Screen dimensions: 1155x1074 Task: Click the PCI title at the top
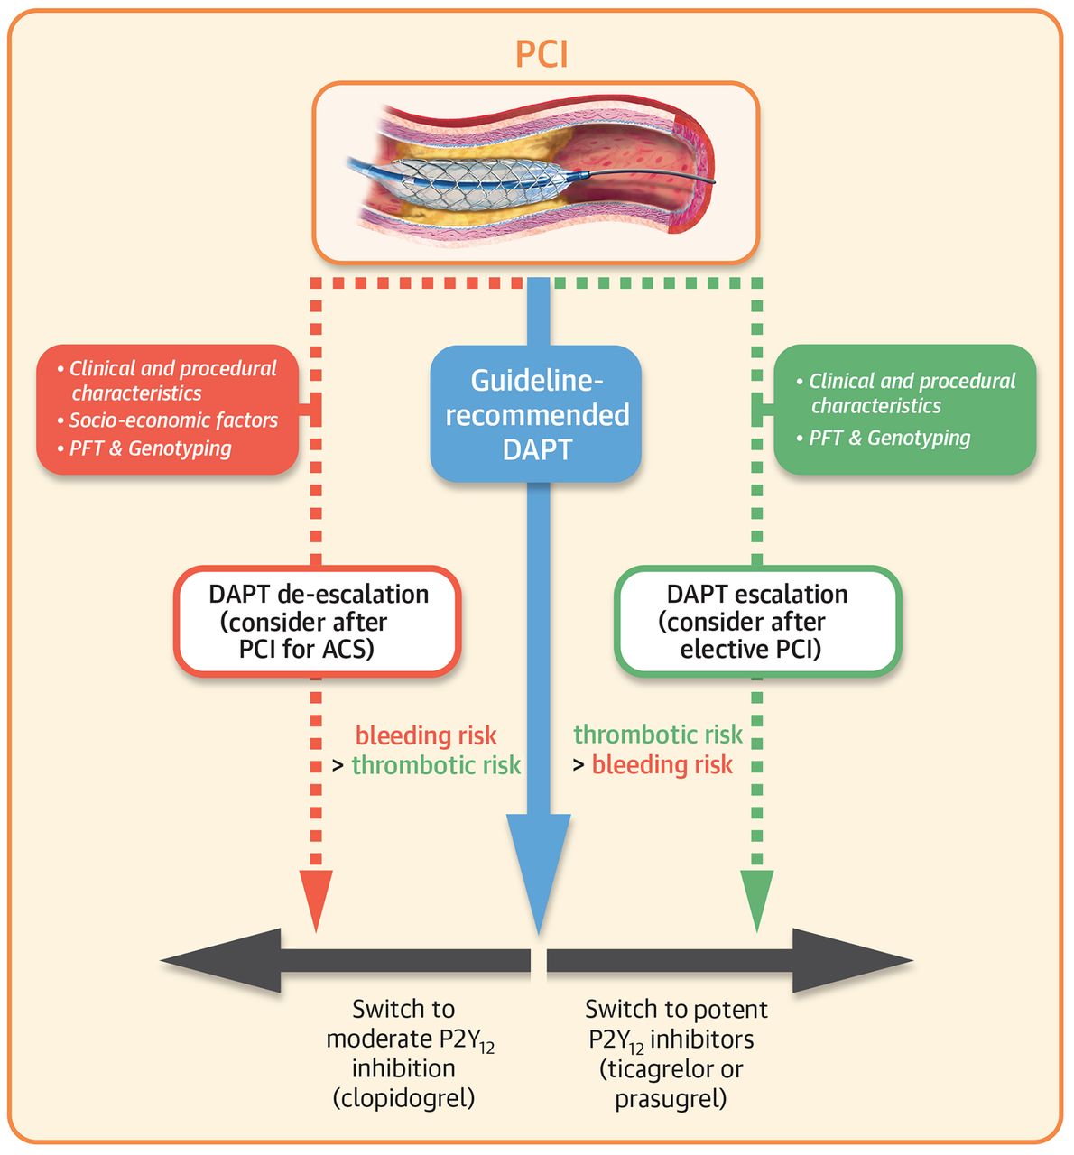pos(542,54)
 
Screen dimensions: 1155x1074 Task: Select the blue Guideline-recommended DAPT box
pos(536,414)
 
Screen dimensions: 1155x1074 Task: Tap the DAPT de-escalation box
pos(318,621)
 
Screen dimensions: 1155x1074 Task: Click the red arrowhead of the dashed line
pos(316,898)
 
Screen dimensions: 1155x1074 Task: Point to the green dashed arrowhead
pos(756,898)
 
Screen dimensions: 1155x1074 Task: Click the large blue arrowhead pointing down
pos(538,866)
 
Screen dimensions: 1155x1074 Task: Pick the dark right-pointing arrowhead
pos(857,960)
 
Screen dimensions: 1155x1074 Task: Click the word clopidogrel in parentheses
pos(403,1098)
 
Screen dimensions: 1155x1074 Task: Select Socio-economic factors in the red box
pos(173,420)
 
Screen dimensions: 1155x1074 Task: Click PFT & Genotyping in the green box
pos(889,439)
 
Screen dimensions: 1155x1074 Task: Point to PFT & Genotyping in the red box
pos(151,448)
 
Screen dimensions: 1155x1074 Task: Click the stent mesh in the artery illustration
pos(469,180)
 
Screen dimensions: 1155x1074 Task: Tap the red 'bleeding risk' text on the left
pos(426,735)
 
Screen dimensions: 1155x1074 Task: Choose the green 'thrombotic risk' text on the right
pos(658,735)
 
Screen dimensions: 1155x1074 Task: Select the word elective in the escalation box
pos(722,649)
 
